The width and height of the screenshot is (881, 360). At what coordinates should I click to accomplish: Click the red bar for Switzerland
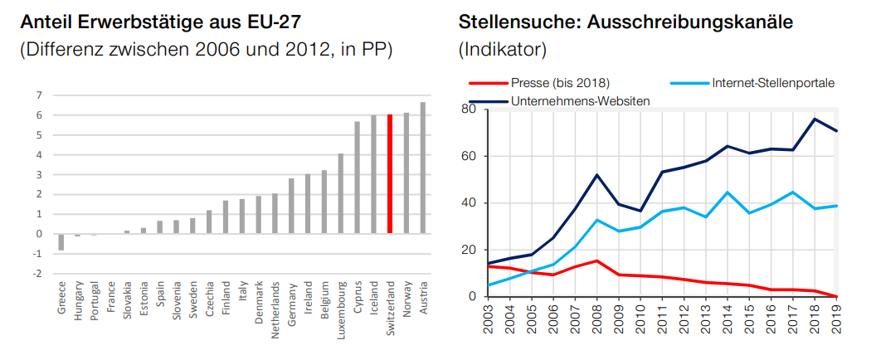[x=390, y=173]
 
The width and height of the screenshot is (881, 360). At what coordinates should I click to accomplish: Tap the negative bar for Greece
[x=61, y=241]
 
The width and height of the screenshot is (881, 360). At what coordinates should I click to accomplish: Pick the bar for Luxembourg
[x=340, y=193]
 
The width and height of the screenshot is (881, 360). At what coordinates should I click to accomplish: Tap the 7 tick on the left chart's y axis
[x=39, y=95]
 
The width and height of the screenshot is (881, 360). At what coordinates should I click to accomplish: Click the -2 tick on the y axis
[x=37, y=273]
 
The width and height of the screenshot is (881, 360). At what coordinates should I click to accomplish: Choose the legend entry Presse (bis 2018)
[x=561, y=83]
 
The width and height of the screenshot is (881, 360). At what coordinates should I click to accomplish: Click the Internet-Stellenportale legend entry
[x=772, y=83]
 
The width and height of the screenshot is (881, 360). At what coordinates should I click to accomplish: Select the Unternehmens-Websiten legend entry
[x=581, y=100]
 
